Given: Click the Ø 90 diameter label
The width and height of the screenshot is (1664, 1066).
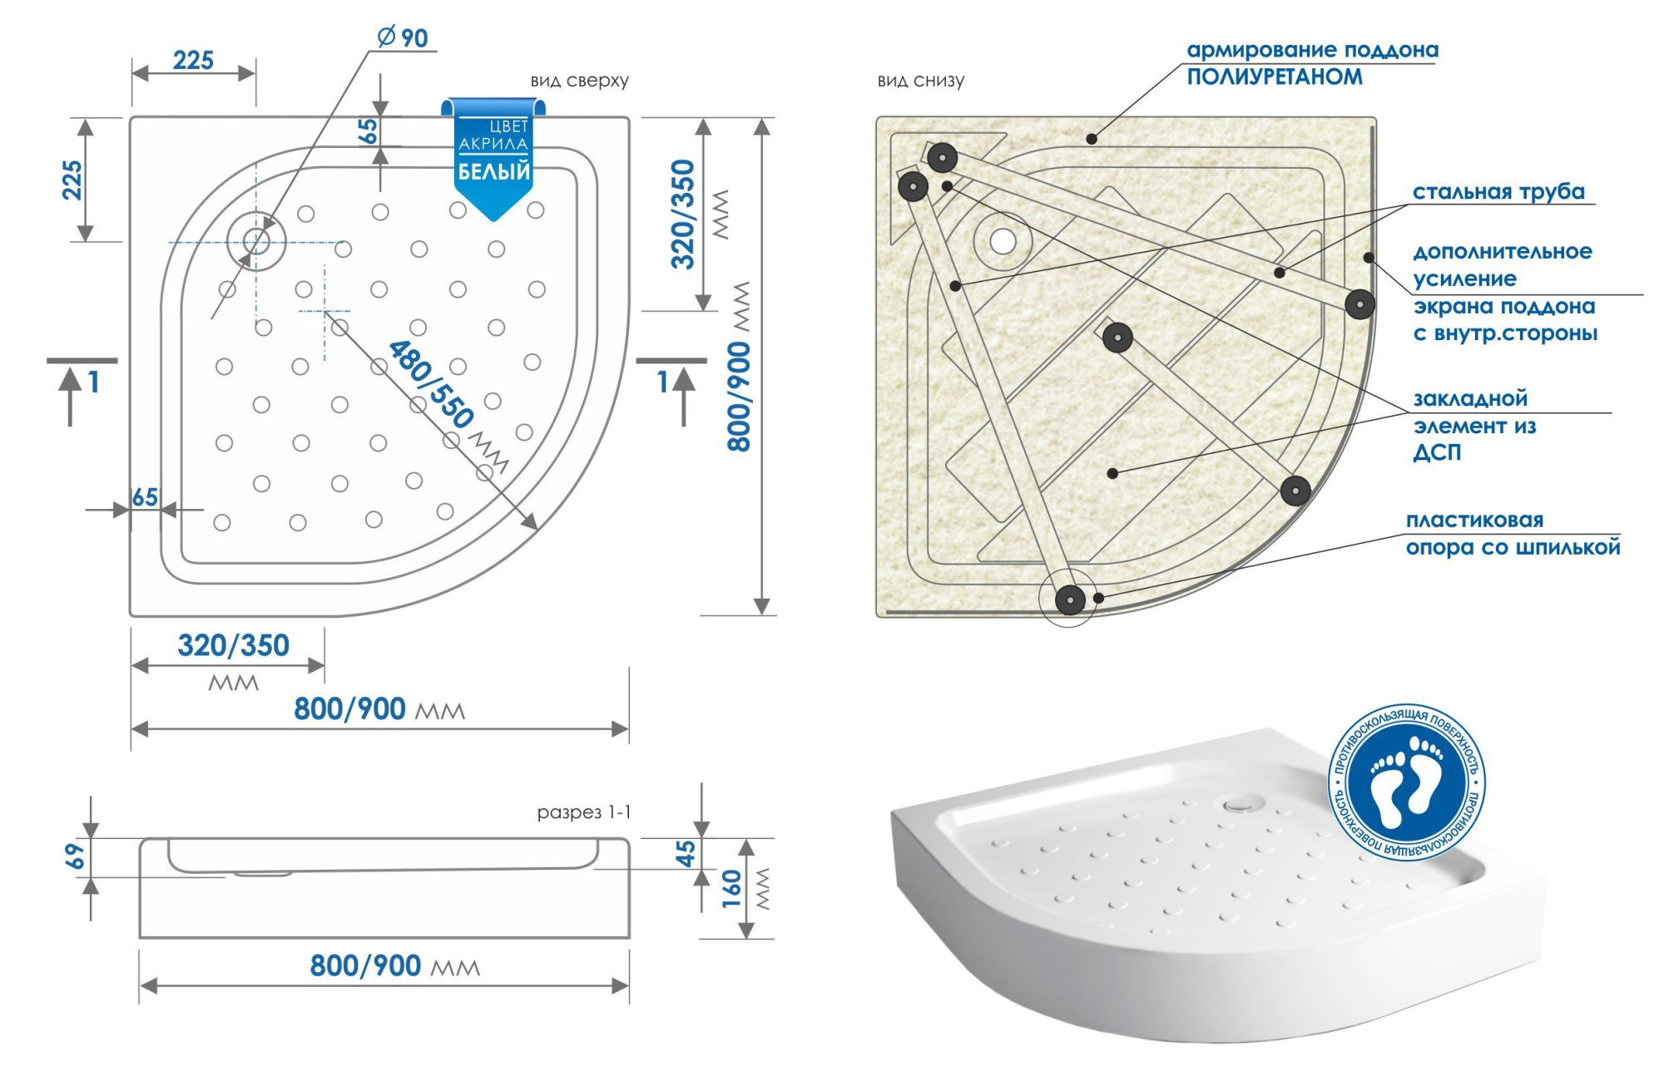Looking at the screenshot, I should pyautogui.click(x=404, y=38).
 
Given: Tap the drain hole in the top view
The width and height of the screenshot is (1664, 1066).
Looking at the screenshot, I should pyautogui.click(x=256, y=242).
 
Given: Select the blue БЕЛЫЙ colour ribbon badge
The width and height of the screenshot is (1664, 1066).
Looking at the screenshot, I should pyautogui.click(x=493, y=159).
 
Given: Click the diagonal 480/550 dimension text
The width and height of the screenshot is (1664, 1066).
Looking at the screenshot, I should pyautogui.click(x=430, y=383).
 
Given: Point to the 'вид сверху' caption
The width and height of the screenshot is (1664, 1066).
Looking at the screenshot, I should pyautogui.click(x=579, y=81).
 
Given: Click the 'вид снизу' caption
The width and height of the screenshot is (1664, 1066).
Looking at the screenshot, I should pyautogui.click(x=920, y=81).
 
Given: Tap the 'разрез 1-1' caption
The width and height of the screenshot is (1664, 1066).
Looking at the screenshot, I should pyautogui.click(x=583, y=812).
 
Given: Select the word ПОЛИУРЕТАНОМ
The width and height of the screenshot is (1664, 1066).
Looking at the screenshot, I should pyautogui.click(x=1274, y=77).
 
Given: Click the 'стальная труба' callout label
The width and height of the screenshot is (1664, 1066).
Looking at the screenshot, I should pyautogui.click(x=1498, y=192).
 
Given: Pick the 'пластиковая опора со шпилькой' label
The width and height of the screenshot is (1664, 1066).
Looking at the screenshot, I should pyautogui.click(x=1512, y=534).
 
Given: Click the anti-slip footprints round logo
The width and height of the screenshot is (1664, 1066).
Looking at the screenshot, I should pyautogui.click(x=1407, y=782).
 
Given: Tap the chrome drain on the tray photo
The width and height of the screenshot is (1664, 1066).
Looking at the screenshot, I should pyautogui.click(x=1239, y=803).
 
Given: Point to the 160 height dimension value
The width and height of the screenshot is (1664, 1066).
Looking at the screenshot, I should pyautogui.click(x=731, y=888).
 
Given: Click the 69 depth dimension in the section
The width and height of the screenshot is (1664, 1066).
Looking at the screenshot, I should pyautogui.click(x=75, y=856).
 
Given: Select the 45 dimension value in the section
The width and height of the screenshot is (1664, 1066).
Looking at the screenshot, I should pyautogui.click(x=685, y=853).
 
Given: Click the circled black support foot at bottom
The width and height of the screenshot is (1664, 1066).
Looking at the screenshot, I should pyautogui.click(x=1070, y=598).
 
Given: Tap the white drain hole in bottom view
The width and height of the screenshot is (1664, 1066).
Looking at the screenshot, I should pyautogui.click(x=1003, y=242).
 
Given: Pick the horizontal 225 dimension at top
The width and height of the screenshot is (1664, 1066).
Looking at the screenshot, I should pyautogui.click(x=193, y=61).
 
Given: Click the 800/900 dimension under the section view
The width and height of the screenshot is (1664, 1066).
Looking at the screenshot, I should pyautogui.click(x=365, y=965).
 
